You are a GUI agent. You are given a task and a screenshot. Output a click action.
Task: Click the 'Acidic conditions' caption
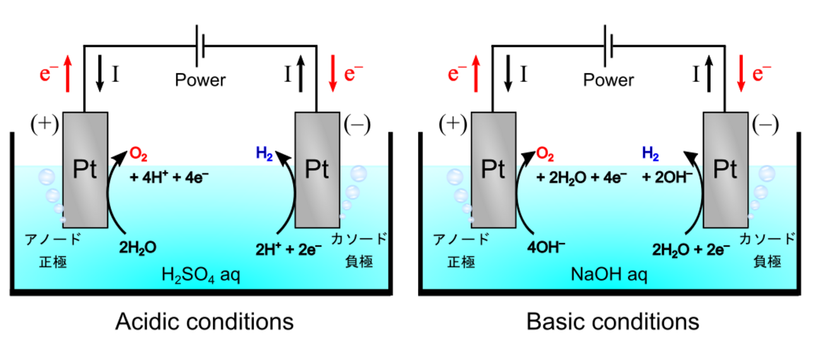(x=204, y=322)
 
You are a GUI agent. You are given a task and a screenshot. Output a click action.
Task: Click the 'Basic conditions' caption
(x=612, y=322)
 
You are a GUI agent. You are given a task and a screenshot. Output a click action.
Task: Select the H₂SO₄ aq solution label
(x=201, y=276)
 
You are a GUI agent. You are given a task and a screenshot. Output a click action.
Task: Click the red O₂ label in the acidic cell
(x=139, y=154)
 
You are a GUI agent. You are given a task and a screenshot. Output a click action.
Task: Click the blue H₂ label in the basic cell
(x=649, y=154)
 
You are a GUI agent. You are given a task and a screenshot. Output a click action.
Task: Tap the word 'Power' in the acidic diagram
(x=200, y=80)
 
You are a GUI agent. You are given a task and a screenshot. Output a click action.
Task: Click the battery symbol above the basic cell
(x=608, y=45)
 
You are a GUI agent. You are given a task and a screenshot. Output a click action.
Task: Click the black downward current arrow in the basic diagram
(x=508, y=72)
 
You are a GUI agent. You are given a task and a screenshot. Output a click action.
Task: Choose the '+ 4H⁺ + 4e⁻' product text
(x=169, y=177)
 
